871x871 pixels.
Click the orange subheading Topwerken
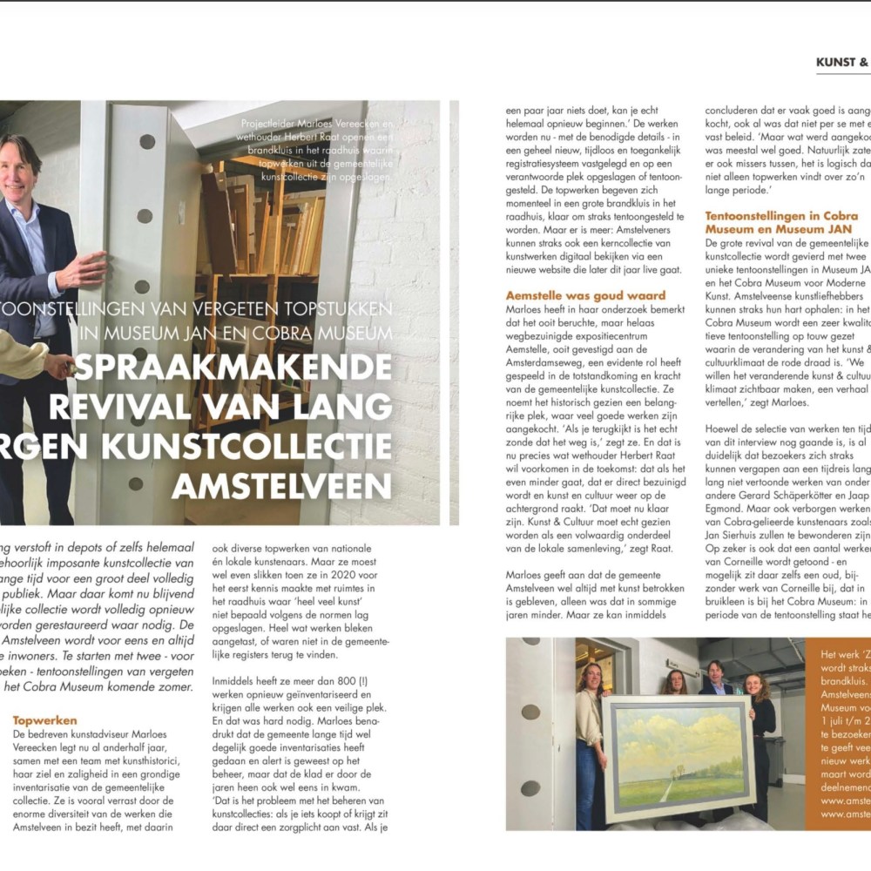tap(45, 720)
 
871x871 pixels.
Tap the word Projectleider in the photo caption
tap(267, 123)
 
